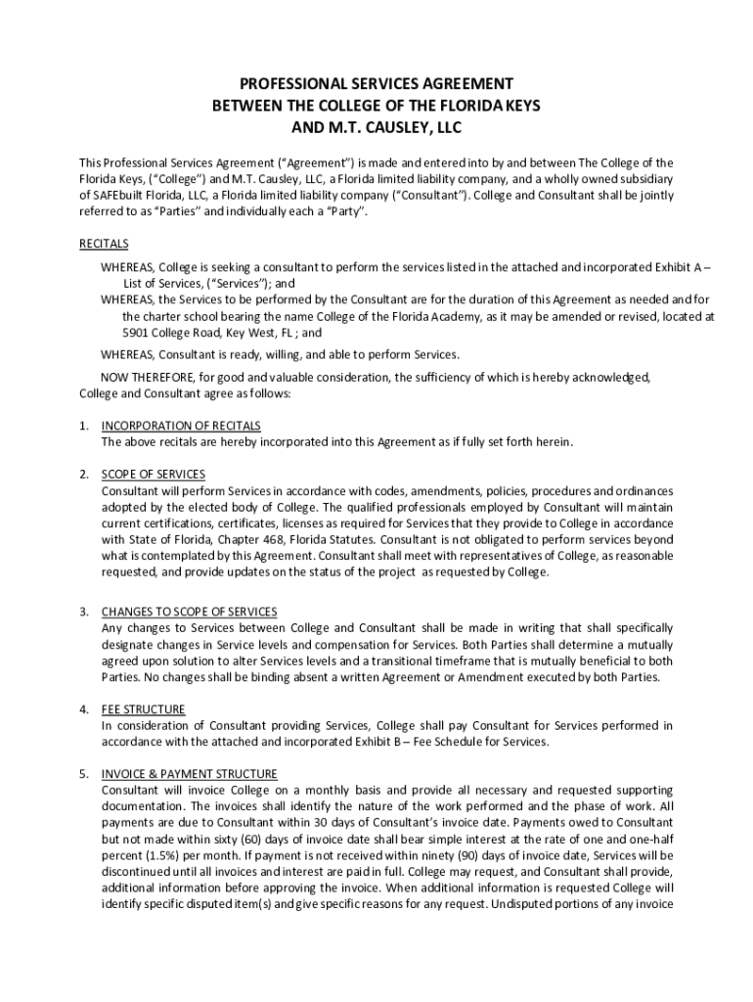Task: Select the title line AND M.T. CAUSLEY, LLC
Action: pos(376,126)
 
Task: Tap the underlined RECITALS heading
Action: pos(104,244)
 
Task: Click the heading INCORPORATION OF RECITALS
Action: pos(181,426)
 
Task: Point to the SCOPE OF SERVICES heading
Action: pos(154,475)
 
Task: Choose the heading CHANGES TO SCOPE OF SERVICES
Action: pos(189,612)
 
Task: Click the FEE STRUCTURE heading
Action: pos(144,708)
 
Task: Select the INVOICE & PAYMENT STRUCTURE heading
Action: pos(190,773)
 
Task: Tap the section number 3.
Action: pos(84,612)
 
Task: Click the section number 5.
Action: pos(84,773)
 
